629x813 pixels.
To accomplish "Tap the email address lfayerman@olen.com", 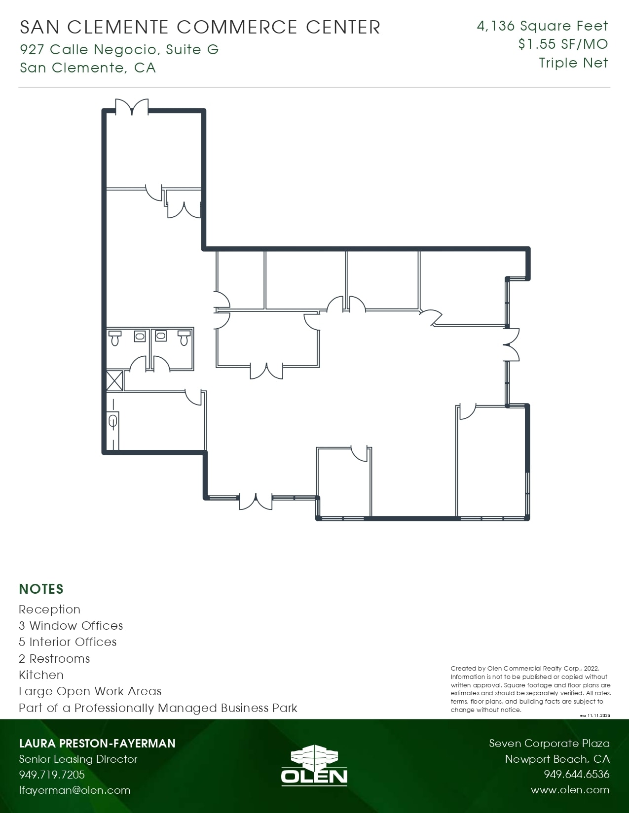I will [74, 790].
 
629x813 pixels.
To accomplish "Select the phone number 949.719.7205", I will [52, 774].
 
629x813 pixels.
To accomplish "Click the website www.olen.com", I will [570, 790].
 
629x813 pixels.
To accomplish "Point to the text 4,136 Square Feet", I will [542, 26].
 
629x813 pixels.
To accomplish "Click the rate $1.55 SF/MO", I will [563, 44].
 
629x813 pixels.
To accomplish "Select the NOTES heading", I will [41, 589].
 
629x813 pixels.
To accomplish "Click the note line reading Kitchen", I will [41, 675].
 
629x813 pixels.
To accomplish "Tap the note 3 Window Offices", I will [71, 625].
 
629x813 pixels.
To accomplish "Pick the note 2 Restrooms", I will [54, 658].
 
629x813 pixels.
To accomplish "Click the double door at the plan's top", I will [132, 107].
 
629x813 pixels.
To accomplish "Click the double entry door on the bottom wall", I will [256, 501].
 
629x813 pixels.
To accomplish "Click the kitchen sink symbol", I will [112, 421].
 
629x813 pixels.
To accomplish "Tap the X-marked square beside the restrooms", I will [114, 381].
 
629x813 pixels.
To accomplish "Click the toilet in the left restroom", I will [115, 338].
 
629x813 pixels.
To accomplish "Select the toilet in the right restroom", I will [184, 338].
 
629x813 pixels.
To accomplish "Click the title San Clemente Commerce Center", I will [200, 27].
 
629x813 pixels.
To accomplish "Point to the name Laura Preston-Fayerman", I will [97, 743].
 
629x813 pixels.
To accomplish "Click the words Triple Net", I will [573, 63].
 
